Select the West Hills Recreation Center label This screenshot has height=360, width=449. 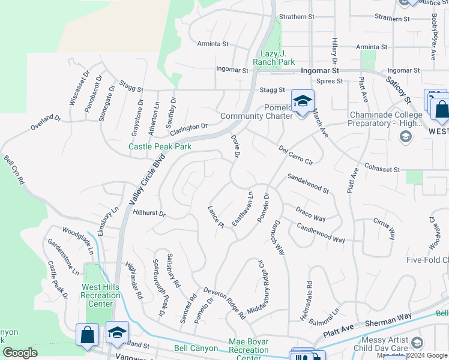click(x=100, y=295)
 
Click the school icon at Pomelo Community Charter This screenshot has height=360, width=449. click(x=303, y=100)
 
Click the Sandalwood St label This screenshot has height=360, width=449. click(x=309, y=183)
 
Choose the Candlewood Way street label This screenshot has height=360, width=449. click(x=321, y=232)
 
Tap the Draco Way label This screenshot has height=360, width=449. click(x=310, y=214)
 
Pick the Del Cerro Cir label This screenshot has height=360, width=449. click(x=296, y=154)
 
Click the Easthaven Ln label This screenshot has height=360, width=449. click(x=243, y=209)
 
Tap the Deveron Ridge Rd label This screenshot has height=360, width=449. click(x=224, y=302)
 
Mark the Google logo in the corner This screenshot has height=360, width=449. click(x=20, y=353)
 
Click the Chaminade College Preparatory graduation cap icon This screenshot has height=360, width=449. click(x=406, y=136)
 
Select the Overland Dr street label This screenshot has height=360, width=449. click(x=46, y=122)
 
